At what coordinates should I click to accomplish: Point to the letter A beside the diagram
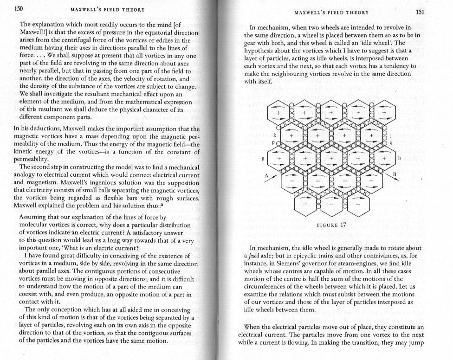[266, 176]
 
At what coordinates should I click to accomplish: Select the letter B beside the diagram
[395, 175]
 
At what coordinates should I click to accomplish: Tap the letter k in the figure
[275, 135]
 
